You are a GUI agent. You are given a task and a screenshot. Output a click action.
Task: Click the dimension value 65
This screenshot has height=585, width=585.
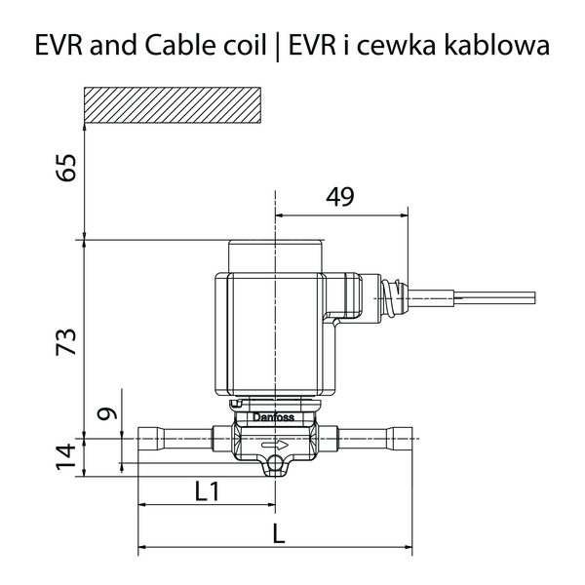(66, 168)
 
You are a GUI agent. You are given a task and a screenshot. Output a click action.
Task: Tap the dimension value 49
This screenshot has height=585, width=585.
(339, 197)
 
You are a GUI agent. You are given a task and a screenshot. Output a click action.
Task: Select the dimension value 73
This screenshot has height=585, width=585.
(66, 342)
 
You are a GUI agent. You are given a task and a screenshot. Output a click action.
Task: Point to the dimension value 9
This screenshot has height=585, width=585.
(108, 414)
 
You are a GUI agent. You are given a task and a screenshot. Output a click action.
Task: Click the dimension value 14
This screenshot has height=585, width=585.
(66, 456)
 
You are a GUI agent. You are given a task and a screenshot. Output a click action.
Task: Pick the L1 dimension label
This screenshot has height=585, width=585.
(208, 491)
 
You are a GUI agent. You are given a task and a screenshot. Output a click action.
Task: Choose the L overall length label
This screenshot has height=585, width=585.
(278, 533)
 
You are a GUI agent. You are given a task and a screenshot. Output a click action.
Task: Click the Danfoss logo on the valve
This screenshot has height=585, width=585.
(274, 417)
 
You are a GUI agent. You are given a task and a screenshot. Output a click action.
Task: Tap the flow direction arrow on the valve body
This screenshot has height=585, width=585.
(275, 445)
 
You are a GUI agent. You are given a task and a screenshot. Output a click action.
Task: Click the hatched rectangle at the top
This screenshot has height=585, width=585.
(173, 105)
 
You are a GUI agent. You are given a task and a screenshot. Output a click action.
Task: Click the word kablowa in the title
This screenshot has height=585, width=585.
(497, 45)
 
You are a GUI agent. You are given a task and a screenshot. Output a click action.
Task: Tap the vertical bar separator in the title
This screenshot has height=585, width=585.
(277, 47)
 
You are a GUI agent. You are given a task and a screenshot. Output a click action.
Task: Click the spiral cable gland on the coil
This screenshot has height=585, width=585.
(393, 297)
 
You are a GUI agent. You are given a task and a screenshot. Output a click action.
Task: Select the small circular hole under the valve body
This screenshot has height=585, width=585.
(275, 463)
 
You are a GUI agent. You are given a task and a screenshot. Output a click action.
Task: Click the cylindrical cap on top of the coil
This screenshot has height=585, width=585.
(275, 255)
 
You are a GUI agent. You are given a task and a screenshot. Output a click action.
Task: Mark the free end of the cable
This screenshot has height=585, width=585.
(535, 297)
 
